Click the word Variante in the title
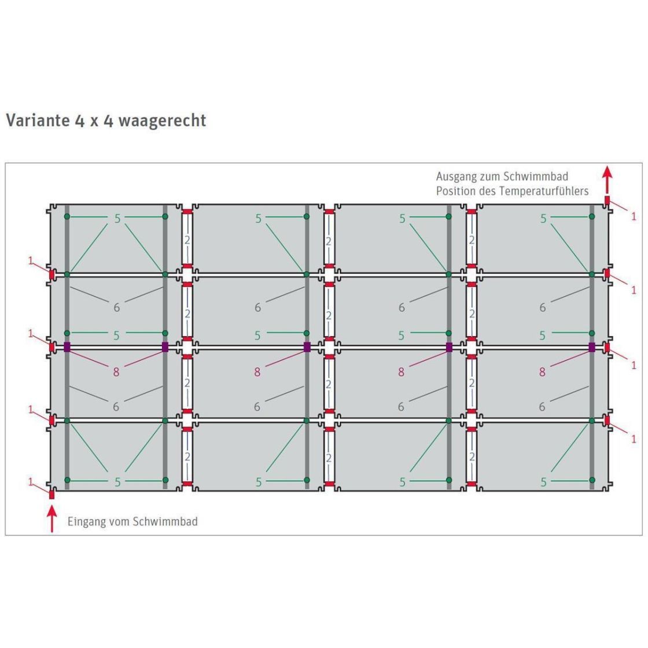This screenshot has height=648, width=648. [38, 120]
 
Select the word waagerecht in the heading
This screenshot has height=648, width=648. [162, 120]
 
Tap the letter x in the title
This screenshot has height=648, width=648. [94, 122]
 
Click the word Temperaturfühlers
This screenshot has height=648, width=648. [544, 191]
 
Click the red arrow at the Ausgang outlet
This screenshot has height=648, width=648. [607, 180]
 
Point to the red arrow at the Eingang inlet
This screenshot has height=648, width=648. [51, 519]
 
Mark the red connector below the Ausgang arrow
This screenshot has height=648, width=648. [607, 200]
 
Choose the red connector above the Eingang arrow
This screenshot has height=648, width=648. [51, 494]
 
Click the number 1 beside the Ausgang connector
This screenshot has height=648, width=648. [634, 216]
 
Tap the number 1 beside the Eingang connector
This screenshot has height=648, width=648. [30, 482]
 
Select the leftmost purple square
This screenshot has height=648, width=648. [67, 347]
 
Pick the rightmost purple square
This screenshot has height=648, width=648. [592, 347]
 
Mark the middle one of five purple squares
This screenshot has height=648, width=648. [307, 347]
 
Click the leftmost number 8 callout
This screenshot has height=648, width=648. [116, 372]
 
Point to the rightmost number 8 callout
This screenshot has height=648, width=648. [542, 372]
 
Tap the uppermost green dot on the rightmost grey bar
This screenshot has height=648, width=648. [592, 216]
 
